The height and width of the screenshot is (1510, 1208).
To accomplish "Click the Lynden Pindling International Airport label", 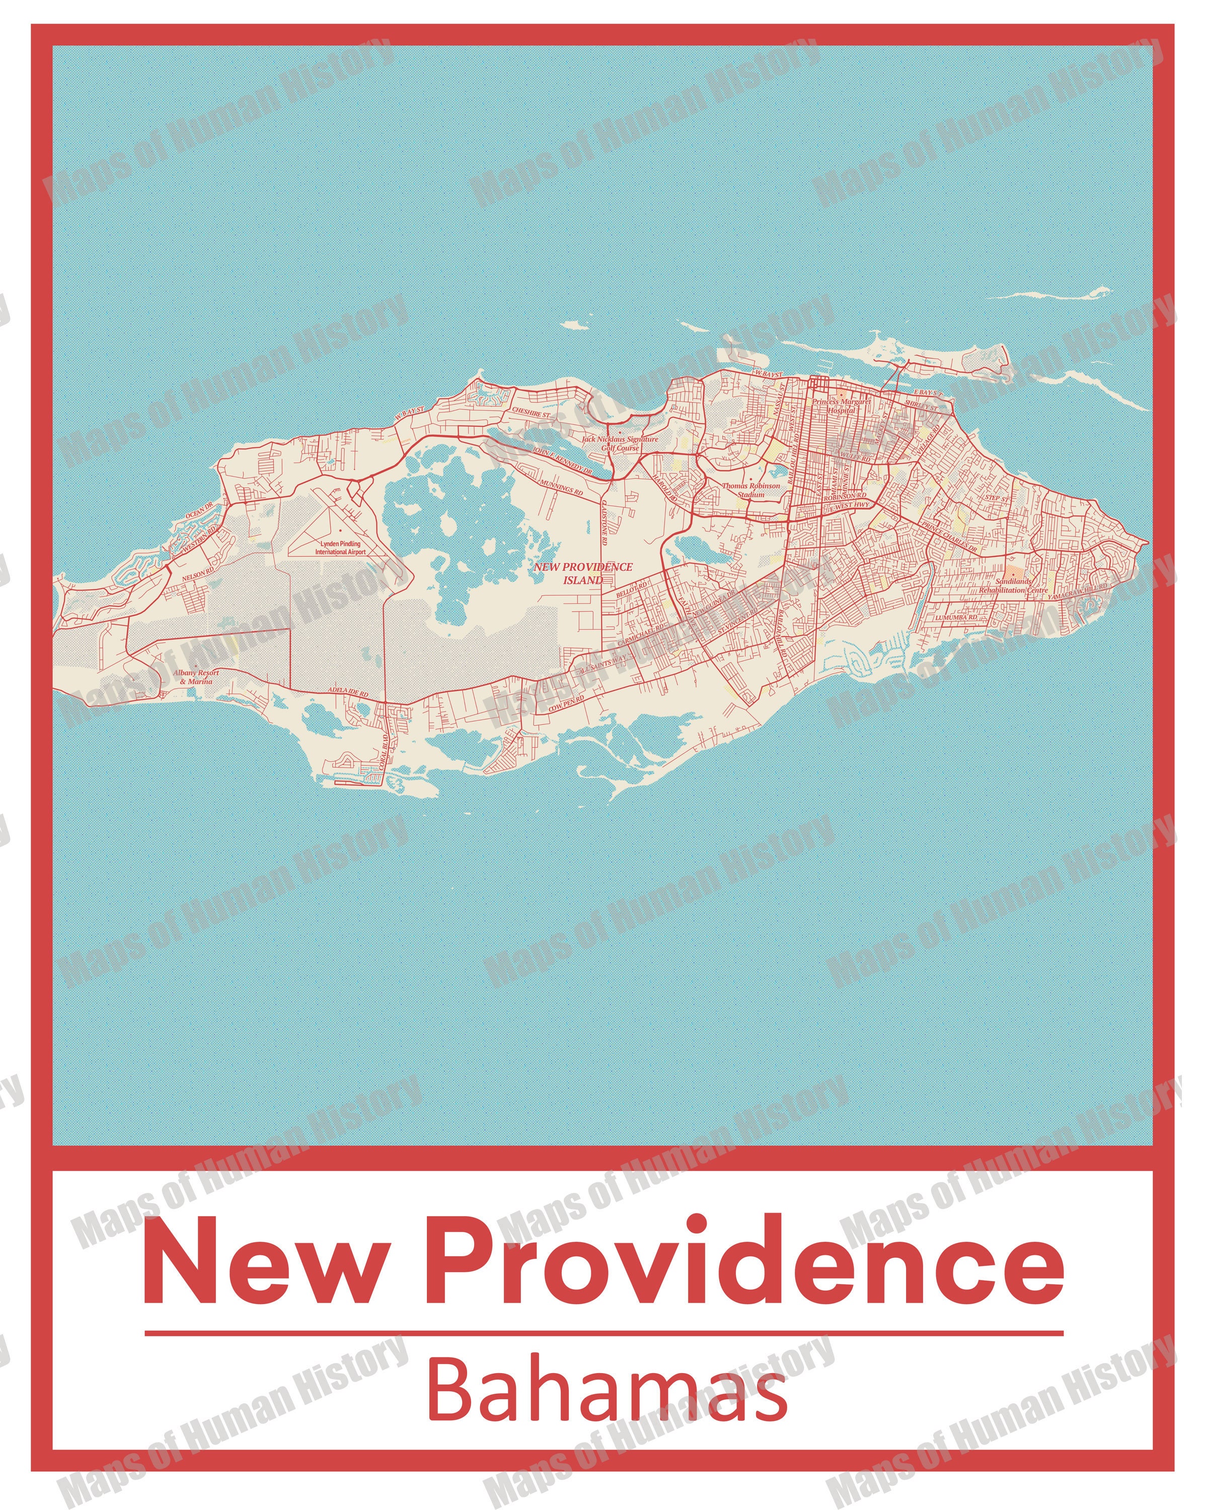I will pos(340,548).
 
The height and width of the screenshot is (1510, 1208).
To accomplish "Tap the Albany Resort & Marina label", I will pos(196,676).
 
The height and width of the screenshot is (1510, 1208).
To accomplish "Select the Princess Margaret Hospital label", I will pos(841,406).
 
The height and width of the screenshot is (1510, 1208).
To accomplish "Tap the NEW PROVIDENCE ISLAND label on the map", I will pos(583,573).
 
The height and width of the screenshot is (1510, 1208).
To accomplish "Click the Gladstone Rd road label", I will pos(603,522).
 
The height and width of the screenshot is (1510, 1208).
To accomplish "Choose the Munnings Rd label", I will pos(560,488).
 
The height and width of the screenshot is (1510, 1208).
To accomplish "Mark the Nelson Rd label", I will pos(194,575).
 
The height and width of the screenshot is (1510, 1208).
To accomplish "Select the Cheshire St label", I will pos(532,413).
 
